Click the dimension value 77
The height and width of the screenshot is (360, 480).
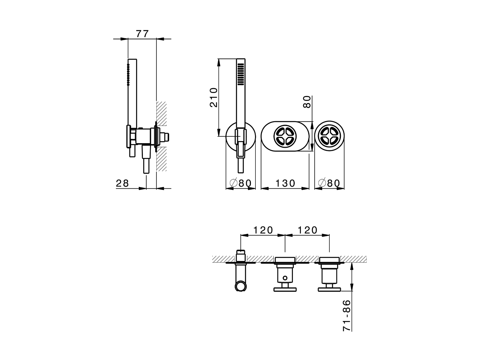tap(142, 33)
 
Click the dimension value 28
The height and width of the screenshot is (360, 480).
tap(122, 183)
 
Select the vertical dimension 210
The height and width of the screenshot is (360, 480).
tap(213, 97)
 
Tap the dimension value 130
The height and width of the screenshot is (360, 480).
tap(285, 183)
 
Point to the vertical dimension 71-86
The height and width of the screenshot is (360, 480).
tap(347, 315)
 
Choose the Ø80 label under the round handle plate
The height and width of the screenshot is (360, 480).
tap(329, 183)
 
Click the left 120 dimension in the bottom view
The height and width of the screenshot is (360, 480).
tap(263, 230)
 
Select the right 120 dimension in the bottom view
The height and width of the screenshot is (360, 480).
tap(307, 230)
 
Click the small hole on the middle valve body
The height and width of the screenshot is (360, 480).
tap(285, 278)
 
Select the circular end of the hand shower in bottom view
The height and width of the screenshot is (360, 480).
tap(240, 286)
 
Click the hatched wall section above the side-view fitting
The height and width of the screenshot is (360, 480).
tap(161, 112)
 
